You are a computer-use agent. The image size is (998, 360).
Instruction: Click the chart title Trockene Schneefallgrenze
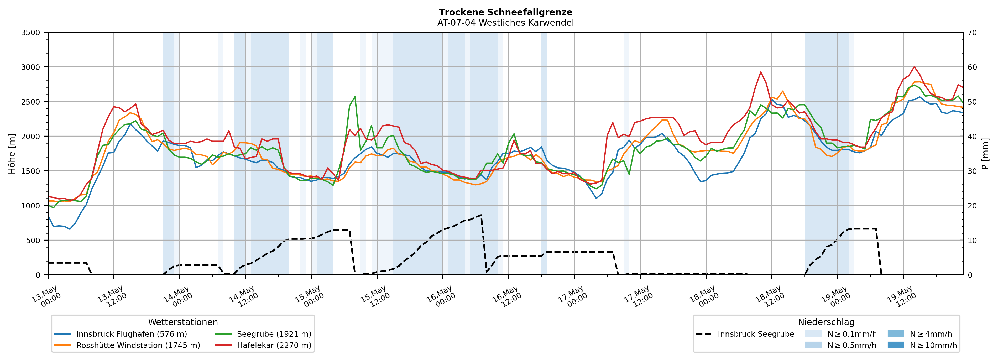point(506,12)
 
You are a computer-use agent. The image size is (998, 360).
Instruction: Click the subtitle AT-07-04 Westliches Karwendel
point(506,23)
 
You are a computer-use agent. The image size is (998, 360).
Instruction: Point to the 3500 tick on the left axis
point(31,33)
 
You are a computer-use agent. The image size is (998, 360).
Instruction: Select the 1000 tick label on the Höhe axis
point(31,206)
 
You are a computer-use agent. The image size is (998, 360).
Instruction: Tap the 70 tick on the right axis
point(972,33)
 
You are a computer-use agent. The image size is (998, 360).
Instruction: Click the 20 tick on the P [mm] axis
point(972,206)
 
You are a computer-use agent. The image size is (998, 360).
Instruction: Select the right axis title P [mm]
point(985,153)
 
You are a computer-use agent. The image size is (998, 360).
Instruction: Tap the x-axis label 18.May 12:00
point(771,297)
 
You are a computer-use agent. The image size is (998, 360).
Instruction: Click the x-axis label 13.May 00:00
point(47,297)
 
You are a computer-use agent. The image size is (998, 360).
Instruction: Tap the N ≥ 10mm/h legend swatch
point(896,345)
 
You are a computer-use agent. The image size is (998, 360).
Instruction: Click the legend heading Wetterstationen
point(183,322)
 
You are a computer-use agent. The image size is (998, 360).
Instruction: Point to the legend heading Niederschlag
point(826,322)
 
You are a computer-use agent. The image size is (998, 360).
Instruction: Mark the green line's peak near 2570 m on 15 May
point(355,96)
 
